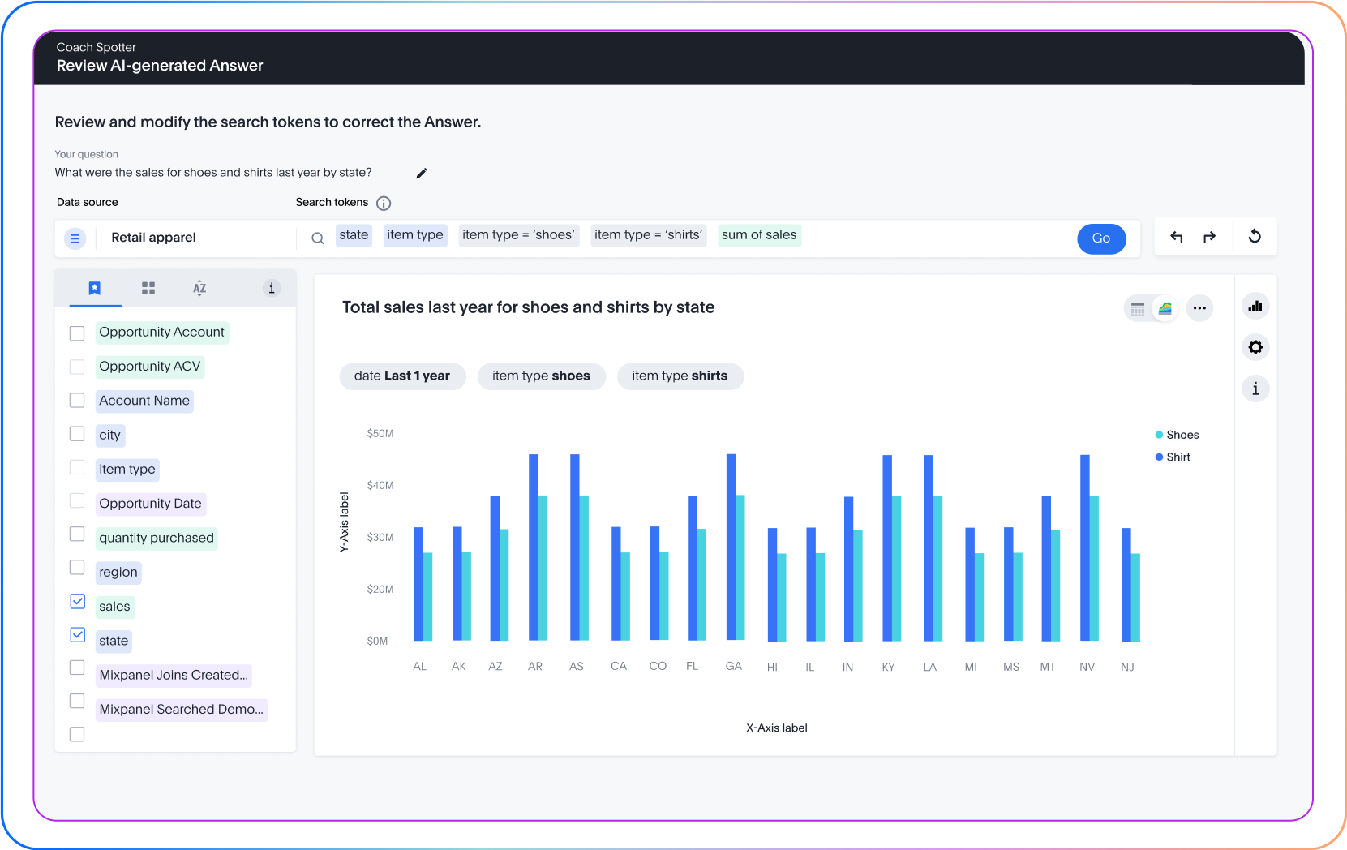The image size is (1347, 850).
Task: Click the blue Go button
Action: coord(1100,238)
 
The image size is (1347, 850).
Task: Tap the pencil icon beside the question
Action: coord(422,173)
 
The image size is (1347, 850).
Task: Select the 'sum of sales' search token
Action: coord(759,235)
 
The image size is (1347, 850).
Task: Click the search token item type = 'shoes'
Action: coord(518,235)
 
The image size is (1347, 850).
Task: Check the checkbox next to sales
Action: coord(78,601)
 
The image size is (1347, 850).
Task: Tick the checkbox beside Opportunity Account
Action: coord(77,333)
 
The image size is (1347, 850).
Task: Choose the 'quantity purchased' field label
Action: coord(157,538)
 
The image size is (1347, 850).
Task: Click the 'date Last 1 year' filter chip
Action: coord(402,376)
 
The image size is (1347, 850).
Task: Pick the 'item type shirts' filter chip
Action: coord(680,376)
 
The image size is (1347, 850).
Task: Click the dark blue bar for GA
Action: coord(731,547)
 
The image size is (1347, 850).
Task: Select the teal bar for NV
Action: coord(1094,568)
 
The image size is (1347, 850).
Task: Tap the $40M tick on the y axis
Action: coord(380,486)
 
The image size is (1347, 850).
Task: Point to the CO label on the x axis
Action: coord(658,666)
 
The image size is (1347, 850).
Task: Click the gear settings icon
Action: coord(1255,347)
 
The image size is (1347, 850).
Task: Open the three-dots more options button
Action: coord(1199,308)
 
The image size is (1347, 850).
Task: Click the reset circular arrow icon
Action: coord(1255,237)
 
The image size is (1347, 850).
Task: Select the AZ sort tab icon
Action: coord(199,288)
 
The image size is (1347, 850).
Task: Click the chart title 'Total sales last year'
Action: coord(528,307)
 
